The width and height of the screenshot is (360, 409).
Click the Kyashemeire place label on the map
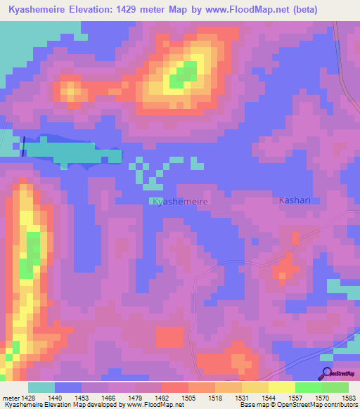[x=180, y=201]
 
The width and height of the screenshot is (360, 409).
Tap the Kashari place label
[x=295, y=200]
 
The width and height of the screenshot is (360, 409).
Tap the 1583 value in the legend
[x=349, y=398]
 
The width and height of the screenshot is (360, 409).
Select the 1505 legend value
[x=188, y=398]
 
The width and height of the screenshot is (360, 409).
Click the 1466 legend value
[x=108, y=398]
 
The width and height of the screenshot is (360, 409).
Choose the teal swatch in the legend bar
[x=41, y=387]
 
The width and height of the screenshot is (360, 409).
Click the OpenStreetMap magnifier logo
[x=326, y=373]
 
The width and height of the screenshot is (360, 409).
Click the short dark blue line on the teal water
[x=23, y=146]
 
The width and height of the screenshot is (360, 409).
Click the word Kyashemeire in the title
[x=37, y=10]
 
